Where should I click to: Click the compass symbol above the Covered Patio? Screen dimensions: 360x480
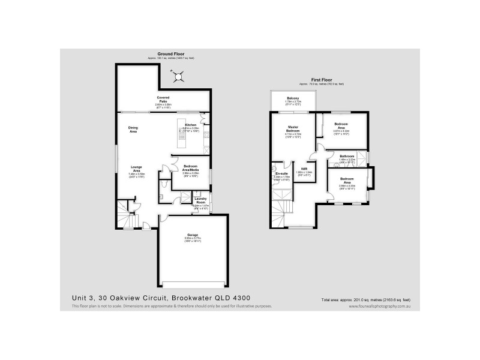point(177,76)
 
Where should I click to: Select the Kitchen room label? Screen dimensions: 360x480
point(191,125)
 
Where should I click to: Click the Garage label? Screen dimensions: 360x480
point(192,236)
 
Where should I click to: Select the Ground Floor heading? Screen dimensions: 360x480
point(170,54)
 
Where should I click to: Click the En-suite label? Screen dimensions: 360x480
point(281,173)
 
